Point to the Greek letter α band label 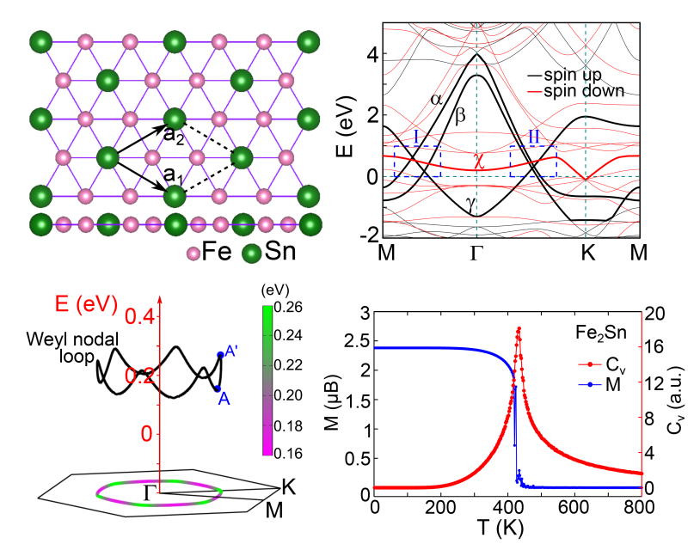(436, 99)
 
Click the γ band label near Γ (470, 201)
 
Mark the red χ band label (480, 160)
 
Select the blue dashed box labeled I (417, 162)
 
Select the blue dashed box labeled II (533, 162)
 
